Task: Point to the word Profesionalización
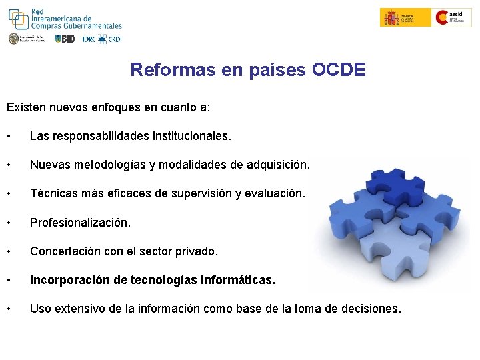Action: [x=81, y=222]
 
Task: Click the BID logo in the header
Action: [x=65, y=39]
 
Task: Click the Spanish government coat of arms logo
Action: [x=391, y=17]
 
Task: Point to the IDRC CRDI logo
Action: [x=101, y=39]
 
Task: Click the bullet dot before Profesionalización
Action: [x=9, y=223]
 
